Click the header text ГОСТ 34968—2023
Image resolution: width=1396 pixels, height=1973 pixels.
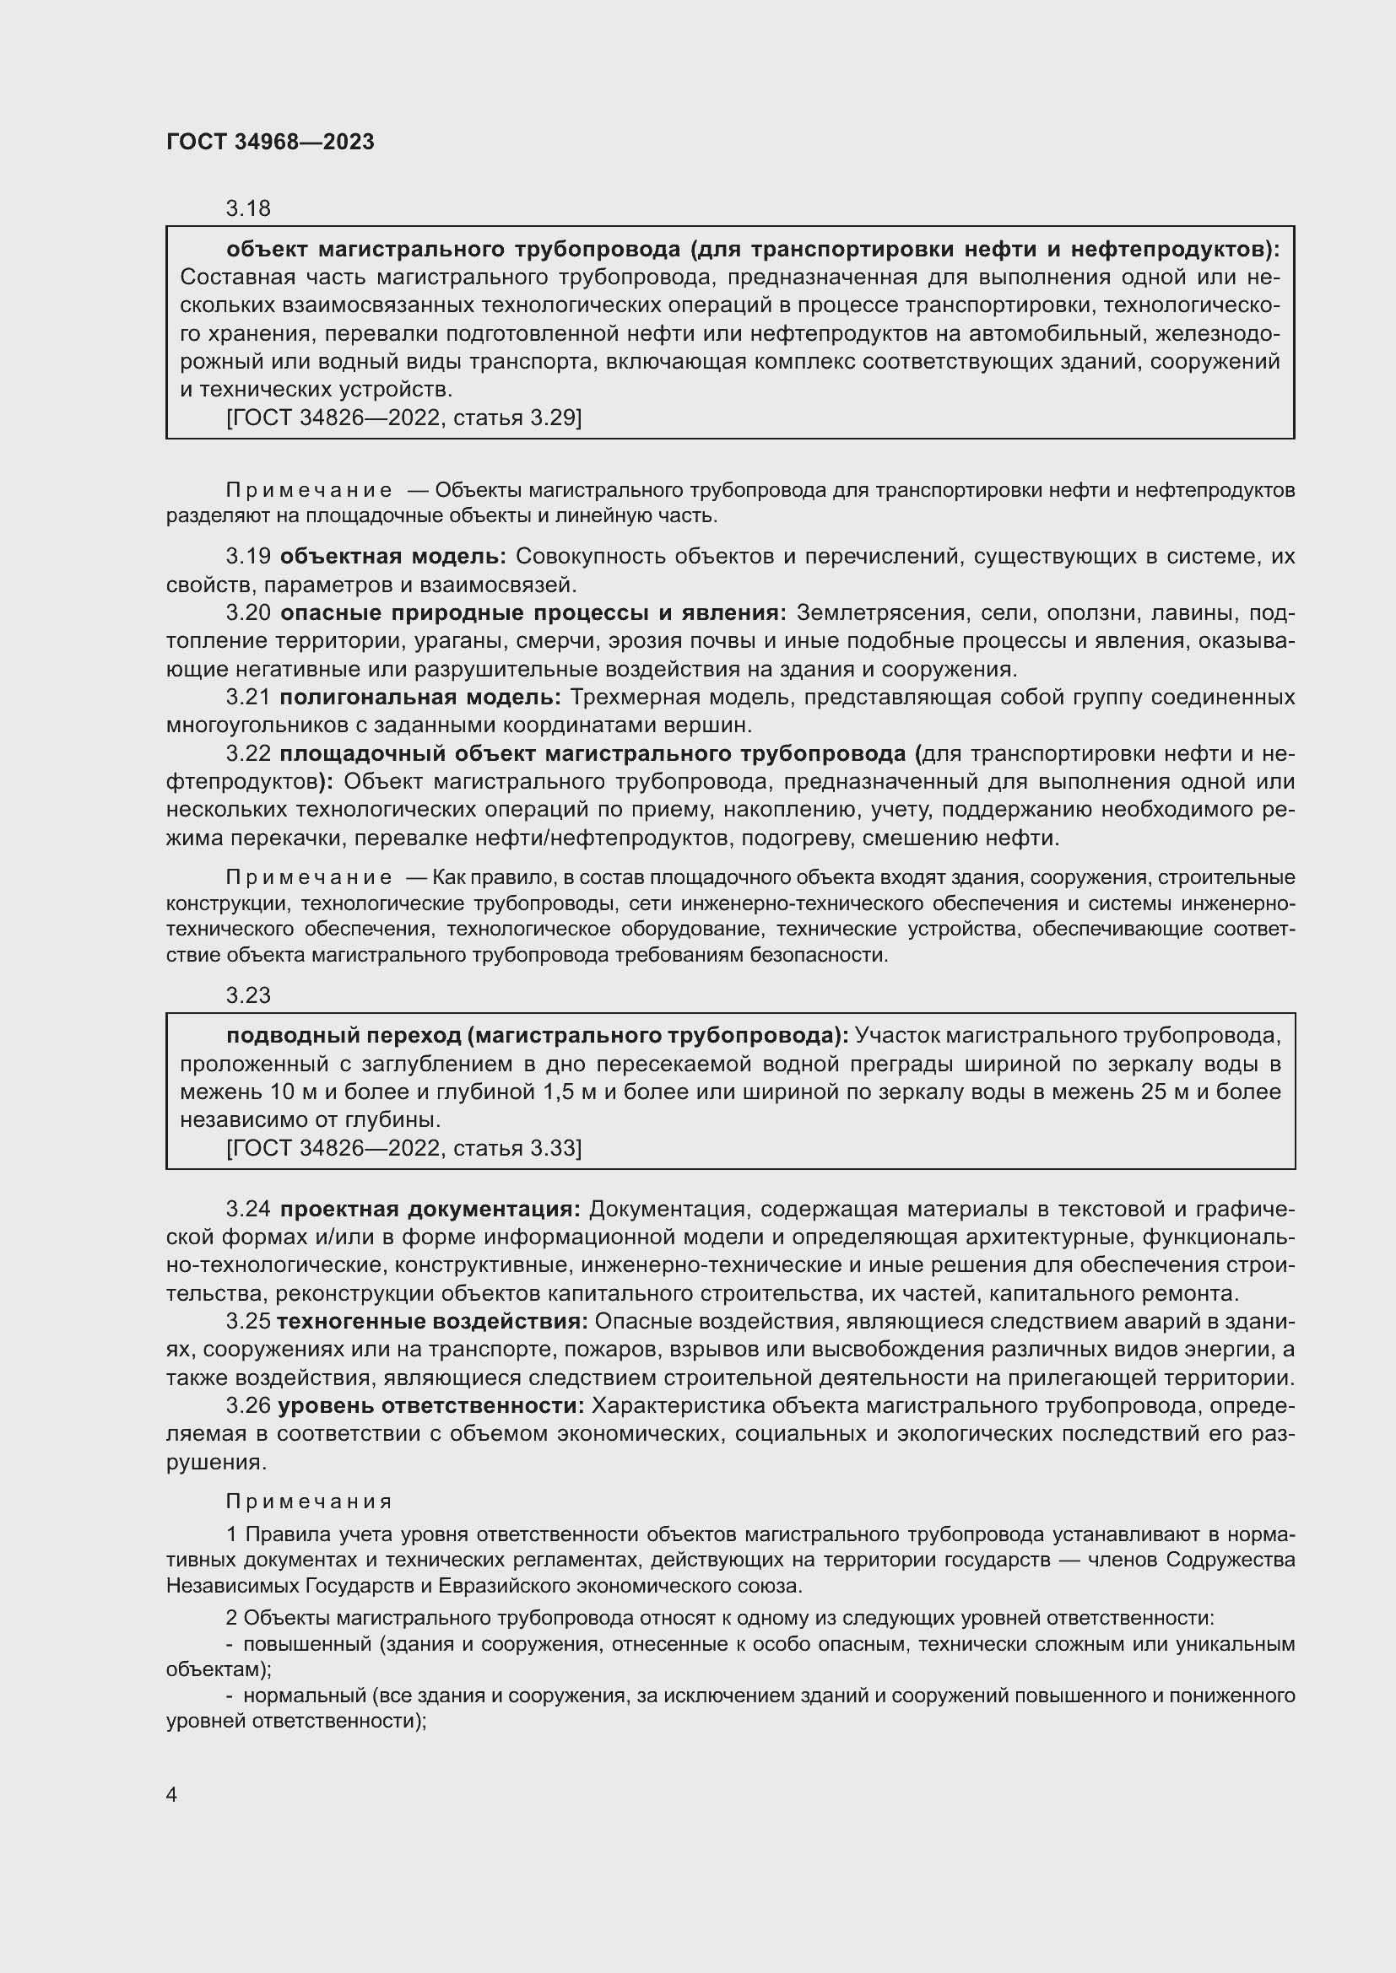(270, 142)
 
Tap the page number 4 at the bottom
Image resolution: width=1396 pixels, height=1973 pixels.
(172, 1794)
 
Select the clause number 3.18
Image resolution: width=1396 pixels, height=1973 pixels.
(247, 208)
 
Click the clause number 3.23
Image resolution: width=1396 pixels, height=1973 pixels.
(247, 995)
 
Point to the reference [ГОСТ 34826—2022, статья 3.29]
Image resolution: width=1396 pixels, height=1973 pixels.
(403, 418)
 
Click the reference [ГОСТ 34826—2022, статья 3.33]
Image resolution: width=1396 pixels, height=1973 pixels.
(403, 1148)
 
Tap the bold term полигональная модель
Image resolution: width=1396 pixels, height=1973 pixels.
(420, 697)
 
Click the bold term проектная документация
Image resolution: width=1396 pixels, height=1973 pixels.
(430, 1209)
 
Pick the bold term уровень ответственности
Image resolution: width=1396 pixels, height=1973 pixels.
(431, 1406)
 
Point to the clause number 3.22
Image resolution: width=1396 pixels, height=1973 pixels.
(247, 753)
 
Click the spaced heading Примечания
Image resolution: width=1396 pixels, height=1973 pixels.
(309, 1501)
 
